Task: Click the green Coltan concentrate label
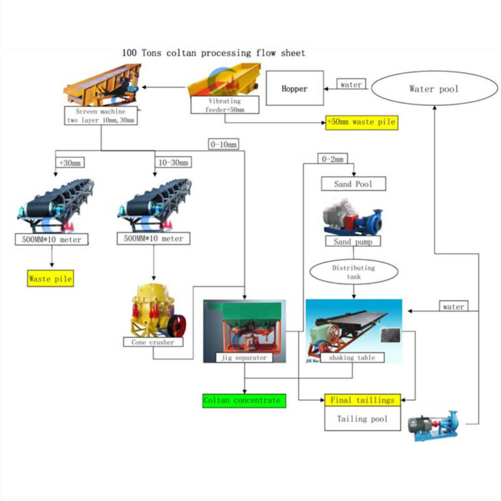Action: click(243, 400)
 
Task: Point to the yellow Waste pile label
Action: click(50, 279)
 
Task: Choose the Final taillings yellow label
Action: click(361, 400)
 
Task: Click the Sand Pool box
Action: click(353, 184)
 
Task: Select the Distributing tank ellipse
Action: click(353, 272)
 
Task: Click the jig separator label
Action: click(244, 357)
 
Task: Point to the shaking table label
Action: click(352, 357)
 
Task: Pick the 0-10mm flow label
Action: click(224, 144)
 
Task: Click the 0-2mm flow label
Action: click(333, 159)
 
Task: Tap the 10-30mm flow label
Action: click(174, 162)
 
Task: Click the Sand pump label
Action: click(353, 241)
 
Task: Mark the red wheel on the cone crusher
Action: click(174, 324)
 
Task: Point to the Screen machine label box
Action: click(100, 116)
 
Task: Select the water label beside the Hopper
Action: click(350, 84)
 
